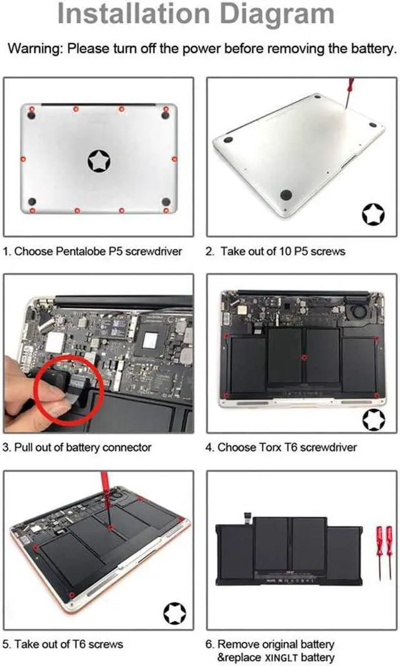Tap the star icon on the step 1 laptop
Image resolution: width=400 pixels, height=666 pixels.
pyautogui.click(x=98, y=161)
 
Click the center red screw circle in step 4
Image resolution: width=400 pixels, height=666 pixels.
pyautogui.click(x=303, y=358)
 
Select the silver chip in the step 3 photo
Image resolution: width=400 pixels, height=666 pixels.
pyautogui.click(x=149, y=340)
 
